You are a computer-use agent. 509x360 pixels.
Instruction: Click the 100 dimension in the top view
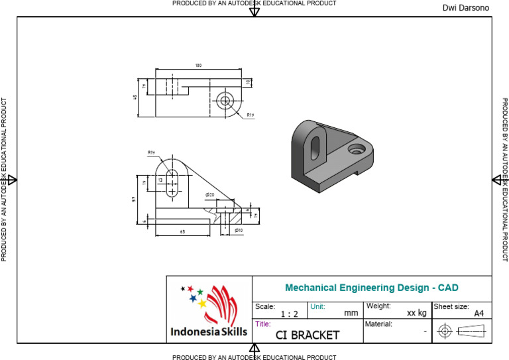pyautogui.click(x=198, y=66)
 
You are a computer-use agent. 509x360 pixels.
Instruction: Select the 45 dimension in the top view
pyautogui.click(x=135, y=97)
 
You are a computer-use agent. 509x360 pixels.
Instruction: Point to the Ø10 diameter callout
pyautogui.click(x=239, y=230)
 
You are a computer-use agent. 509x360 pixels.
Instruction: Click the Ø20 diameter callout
pyautogui.click(x=209, y=195)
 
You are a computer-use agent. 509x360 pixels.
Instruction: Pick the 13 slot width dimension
pyautogui.click(x=160, y=180)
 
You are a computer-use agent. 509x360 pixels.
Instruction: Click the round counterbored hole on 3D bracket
pyautogui.click(x=359, y=149)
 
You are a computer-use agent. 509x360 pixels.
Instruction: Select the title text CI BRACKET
pyautogui.click(x=307, y=335)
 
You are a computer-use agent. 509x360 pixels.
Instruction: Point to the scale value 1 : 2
pyautogui.click(x=290, y=314)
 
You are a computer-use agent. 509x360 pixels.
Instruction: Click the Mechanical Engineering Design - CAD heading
pyautogui.click(x=371, y=288)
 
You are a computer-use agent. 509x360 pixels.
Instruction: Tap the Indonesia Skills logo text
pyautogui.click(x=209, y=331)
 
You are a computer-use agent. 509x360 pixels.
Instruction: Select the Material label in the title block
pyautogui.click(x=378, y=324)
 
